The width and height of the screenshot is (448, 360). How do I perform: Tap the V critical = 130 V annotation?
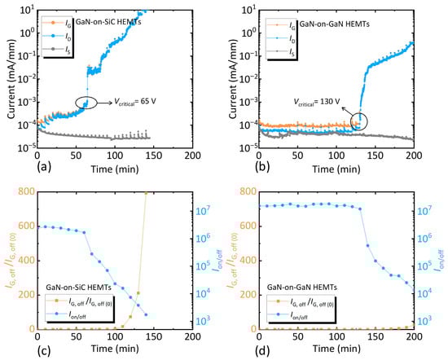click(322, 103)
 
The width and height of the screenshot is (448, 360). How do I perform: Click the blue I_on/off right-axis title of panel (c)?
click(213, 261)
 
